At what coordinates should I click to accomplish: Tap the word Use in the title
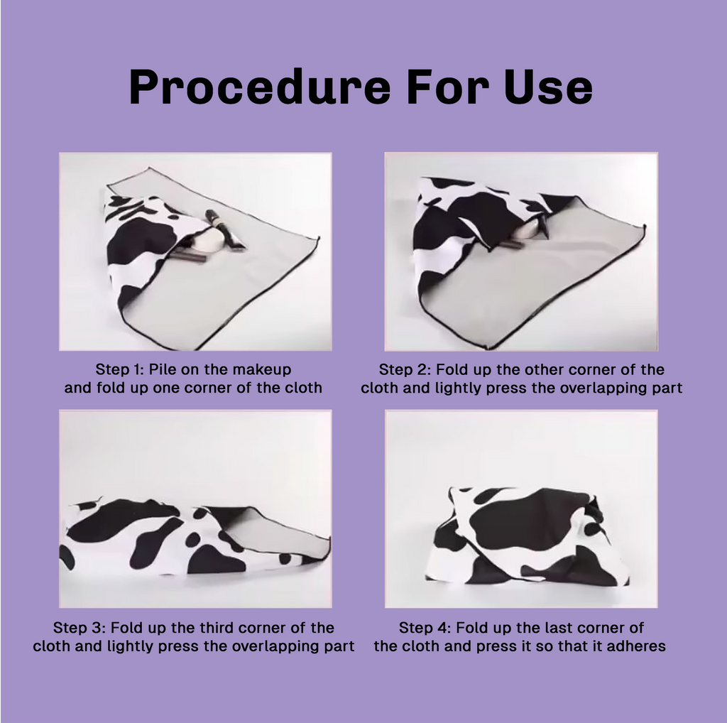[x=548, y=86]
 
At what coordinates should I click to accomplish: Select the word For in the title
[x=447, y=86]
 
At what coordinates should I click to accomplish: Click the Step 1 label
[x=119, y=369]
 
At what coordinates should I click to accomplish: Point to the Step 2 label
[x=404, y=369]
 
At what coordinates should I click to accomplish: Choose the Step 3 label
[x=80, y=627]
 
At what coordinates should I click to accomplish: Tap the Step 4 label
[x=425, y=627]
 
